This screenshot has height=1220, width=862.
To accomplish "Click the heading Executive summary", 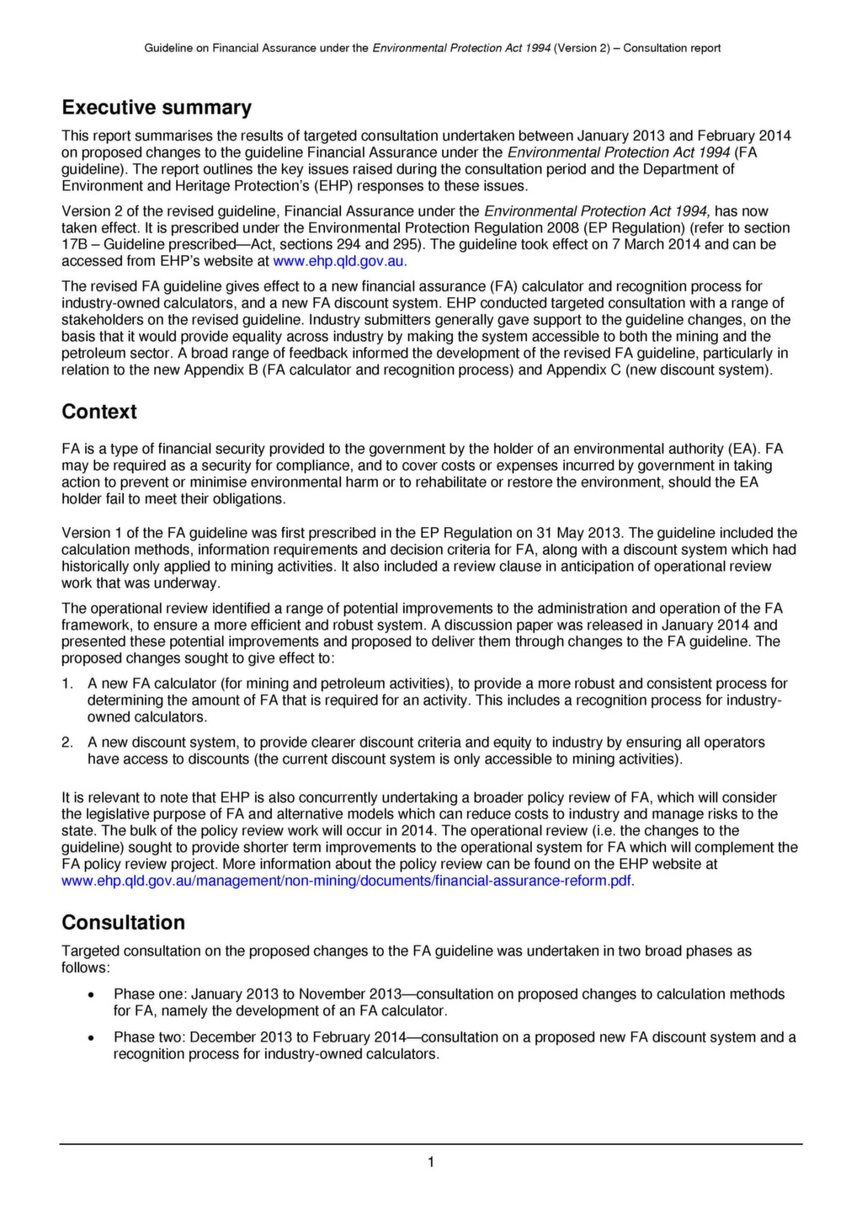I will point(157,108).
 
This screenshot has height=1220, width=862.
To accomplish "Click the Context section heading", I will point(98,412).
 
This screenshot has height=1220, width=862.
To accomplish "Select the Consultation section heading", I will point(123,922).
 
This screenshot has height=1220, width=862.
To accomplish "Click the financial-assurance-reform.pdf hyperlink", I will point(348,881).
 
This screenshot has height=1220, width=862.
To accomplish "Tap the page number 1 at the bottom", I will point(431,1163).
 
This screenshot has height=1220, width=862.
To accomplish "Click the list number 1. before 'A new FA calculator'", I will point(67,684).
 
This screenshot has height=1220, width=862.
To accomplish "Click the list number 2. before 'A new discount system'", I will point(67,743).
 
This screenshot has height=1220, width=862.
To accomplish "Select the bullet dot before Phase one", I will point(91,995).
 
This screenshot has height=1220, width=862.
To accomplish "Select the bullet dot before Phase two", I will point(91,1038).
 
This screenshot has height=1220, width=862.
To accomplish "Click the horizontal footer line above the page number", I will point(431,1143).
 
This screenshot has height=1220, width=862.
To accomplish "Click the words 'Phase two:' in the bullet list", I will point(144,1037).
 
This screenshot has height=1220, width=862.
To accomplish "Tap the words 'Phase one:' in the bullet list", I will point(144,994).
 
